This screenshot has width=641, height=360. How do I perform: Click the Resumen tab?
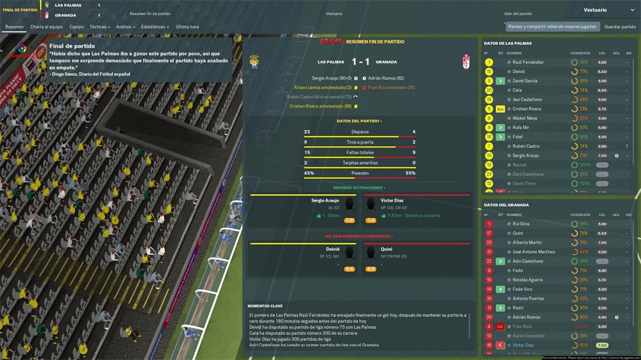click(14, 27)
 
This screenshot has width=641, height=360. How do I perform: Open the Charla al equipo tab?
click(46, 27)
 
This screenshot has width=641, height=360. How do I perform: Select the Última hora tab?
click(187, 27)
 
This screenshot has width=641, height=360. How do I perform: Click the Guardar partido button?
click(620, 27)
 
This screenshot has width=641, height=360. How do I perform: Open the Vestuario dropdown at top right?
click(608, 10)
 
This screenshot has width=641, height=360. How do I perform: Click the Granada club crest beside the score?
click(467, 62)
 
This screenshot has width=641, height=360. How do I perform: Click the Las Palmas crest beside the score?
click(254, 62)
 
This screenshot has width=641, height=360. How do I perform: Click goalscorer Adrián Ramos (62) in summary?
click(391, 78)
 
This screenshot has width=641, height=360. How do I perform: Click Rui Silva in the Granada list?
click(520, 224)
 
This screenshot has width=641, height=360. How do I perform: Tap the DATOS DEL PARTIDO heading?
click(358, 120)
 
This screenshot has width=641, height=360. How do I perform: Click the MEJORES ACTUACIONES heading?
click(358, 188)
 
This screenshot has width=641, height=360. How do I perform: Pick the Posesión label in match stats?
click(360, 173)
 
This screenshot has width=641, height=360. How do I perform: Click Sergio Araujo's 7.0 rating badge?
click(349, 220)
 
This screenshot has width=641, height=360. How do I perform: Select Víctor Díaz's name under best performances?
click(392, 200)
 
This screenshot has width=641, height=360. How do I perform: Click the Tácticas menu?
click(99, 27)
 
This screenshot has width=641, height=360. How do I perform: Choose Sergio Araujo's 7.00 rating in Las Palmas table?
click(602, 156)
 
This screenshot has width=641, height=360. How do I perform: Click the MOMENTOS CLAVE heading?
click(265, 306)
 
